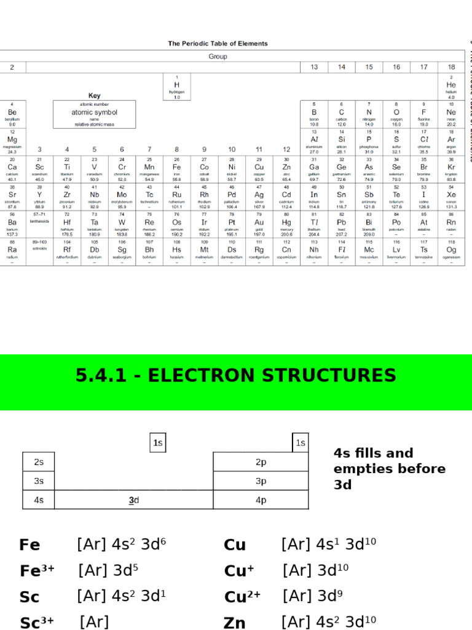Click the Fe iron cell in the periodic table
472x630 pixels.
pyautogui.click(x=177, y=169)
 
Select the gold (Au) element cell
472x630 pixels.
pyautogui.click(x=259, y=224)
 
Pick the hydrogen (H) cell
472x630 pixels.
pyautogui.click(x=177, y=86)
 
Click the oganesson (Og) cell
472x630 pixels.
pyautogui.click(x=451, y=252)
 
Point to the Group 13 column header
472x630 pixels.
pyautogui.click(x=314, y=67)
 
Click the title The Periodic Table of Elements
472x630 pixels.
pyautogui.click(x=218, y=44)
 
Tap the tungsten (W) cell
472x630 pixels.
pyautogui.click(x=122, y=224)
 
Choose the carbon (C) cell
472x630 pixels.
pyautogui.click(x=342, y=114)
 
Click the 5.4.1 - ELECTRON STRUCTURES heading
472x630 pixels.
pyautogui.click(x=236, y=375)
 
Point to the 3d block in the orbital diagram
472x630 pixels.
pyautogui.click(x=133, y=500)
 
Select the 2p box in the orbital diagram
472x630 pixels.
pyautogui.click(x=261, y=462)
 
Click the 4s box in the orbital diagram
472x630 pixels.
pyautogui.click(x=39, y=500)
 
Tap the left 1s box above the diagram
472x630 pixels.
pyautogui.click(x=158, y=443)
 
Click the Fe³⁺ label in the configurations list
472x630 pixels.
pyautogui.click(x=37, y=570)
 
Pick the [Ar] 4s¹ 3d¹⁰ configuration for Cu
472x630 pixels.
pyautogui.click(x=329, y=544)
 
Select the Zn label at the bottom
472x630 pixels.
pyautogui.click(x=235, y=623)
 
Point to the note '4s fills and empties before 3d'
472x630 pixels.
pyautogui.click(x=390, y=469)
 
